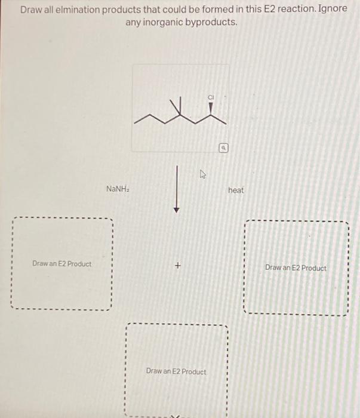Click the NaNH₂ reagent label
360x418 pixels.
tap(118, 189)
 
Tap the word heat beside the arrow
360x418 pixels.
tap(236, 190)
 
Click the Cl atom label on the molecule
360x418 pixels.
tap(211, 97)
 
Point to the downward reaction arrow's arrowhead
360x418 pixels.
tap(177, 210)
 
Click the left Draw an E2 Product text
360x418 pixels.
tap(62, 263)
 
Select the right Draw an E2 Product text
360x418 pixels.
tap(296, 268)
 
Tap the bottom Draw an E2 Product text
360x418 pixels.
tap(176, 371)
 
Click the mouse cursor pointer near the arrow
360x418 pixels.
tap(202, 175)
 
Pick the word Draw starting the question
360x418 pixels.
tap(30, 10)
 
